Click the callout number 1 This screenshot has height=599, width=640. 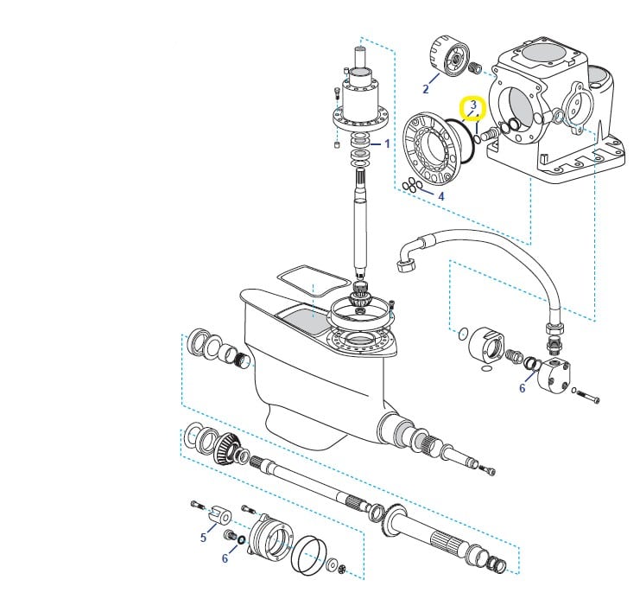point(388,143)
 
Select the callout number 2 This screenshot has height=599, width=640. point(426,89)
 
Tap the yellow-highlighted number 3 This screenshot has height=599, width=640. point(473,105)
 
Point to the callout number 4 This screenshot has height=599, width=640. point(440,197)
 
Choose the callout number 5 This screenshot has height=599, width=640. point(203,538)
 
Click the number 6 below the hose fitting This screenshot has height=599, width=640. point(522,388)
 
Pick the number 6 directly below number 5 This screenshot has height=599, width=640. point(225,558)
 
